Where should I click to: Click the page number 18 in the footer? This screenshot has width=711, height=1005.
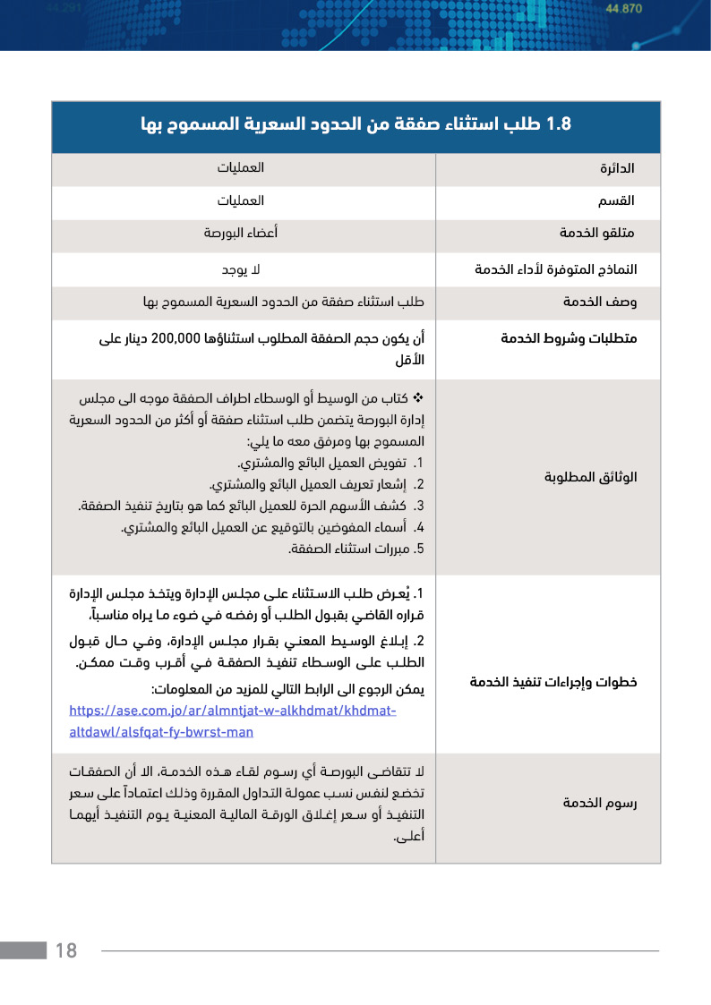(66, 950)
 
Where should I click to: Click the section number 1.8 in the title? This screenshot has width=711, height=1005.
(557, 123)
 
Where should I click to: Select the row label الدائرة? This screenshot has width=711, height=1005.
(617, 168)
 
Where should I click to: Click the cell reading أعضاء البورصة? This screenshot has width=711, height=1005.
(240, 234)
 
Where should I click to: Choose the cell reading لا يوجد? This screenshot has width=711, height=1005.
(240, 268)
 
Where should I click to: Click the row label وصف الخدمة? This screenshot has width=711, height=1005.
(599, 302)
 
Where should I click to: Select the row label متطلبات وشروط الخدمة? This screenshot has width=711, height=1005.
(568, 339)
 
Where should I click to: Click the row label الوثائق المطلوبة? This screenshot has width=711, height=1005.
(590, 477)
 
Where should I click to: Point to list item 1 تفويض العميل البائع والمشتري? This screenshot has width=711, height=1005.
(330, 464)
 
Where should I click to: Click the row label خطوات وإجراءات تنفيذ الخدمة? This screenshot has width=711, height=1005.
(553, 682)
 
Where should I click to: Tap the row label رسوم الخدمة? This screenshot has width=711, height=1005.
(599, 802)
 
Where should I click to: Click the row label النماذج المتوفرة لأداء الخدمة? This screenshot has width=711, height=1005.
(555, 268)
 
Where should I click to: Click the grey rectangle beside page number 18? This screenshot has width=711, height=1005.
(23, 950)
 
